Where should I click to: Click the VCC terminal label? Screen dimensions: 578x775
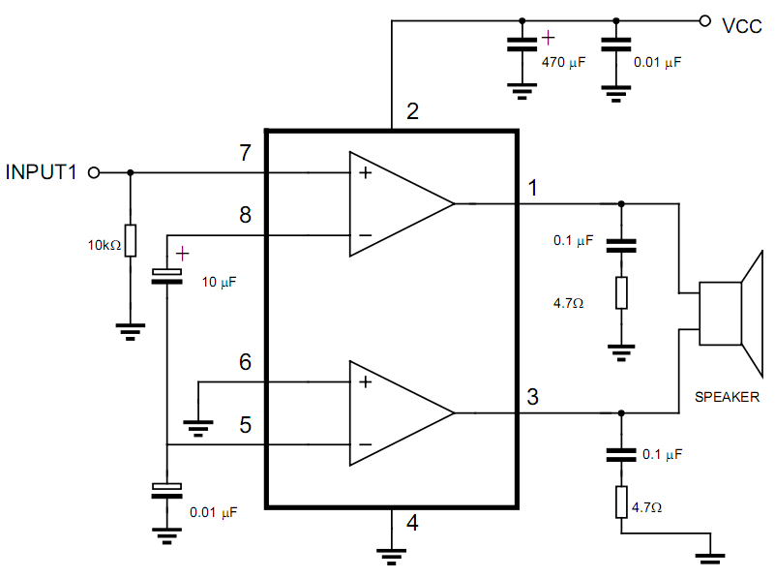743,25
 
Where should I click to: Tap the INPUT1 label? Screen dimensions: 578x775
41,173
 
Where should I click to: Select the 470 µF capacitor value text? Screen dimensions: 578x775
563,62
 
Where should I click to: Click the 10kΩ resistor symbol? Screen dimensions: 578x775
131,238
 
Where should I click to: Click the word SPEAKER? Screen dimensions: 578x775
727,397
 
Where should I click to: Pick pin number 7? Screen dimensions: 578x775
246,152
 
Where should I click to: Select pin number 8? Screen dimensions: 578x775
246,214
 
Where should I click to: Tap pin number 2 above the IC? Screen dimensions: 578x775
412,111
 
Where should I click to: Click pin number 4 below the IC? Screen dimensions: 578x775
412,524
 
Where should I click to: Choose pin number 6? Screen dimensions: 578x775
246,362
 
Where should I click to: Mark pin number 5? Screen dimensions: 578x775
246,424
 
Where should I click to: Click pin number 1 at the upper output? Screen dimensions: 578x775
533,185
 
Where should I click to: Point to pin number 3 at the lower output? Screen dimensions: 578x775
533,396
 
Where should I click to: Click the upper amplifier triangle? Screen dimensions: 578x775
397,204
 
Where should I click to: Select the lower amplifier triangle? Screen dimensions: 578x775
397,413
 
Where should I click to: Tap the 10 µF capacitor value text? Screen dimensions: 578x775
218,282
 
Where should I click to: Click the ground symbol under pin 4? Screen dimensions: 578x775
391,555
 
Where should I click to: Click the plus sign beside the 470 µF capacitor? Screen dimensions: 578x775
549,38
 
